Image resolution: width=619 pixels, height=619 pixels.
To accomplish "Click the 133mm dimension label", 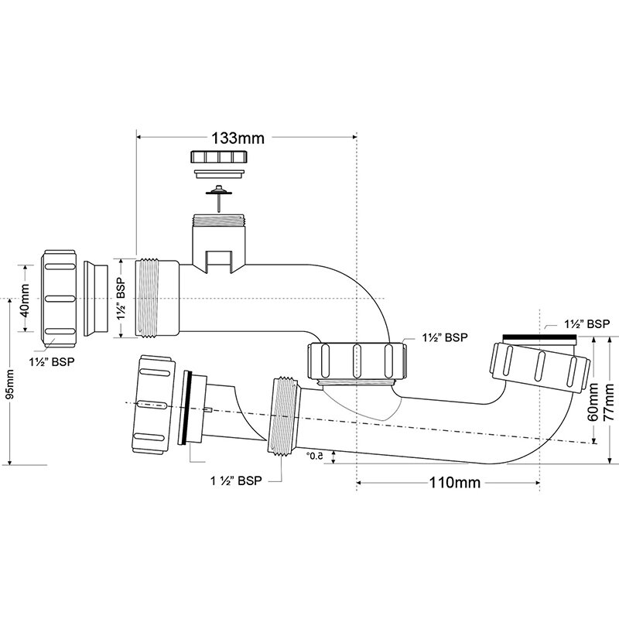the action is (238, 139).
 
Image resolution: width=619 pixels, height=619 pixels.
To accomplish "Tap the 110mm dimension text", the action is (455, 482).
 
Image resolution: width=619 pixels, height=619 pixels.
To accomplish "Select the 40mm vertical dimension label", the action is (25, 300).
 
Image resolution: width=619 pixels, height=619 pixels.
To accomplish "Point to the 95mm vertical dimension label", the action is (9, 384).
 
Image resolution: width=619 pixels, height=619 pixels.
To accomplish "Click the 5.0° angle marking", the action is (314, 457).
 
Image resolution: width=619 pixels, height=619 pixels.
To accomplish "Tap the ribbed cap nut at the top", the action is (219, 157).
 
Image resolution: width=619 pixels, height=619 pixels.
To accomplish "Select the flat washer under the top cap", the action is (220, 174).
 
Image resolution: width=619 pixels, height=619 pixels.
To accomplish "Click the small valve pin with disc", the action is (218, 199).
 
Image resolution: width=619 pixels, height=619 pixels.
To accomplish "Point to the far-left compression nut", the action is (59, 299).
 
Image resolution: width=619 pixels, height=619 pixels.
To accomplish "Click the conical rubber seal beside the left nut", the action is (96, 299).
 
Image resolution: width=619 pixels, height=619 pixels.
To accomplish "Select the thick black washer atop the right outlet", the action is (540, 337).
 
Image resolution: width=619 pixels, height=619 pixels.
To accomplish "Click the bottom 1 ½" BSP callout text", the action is (236, 480).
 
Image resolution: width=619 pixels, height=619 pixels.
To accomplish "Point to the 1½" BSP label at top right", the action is (587, 324).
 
